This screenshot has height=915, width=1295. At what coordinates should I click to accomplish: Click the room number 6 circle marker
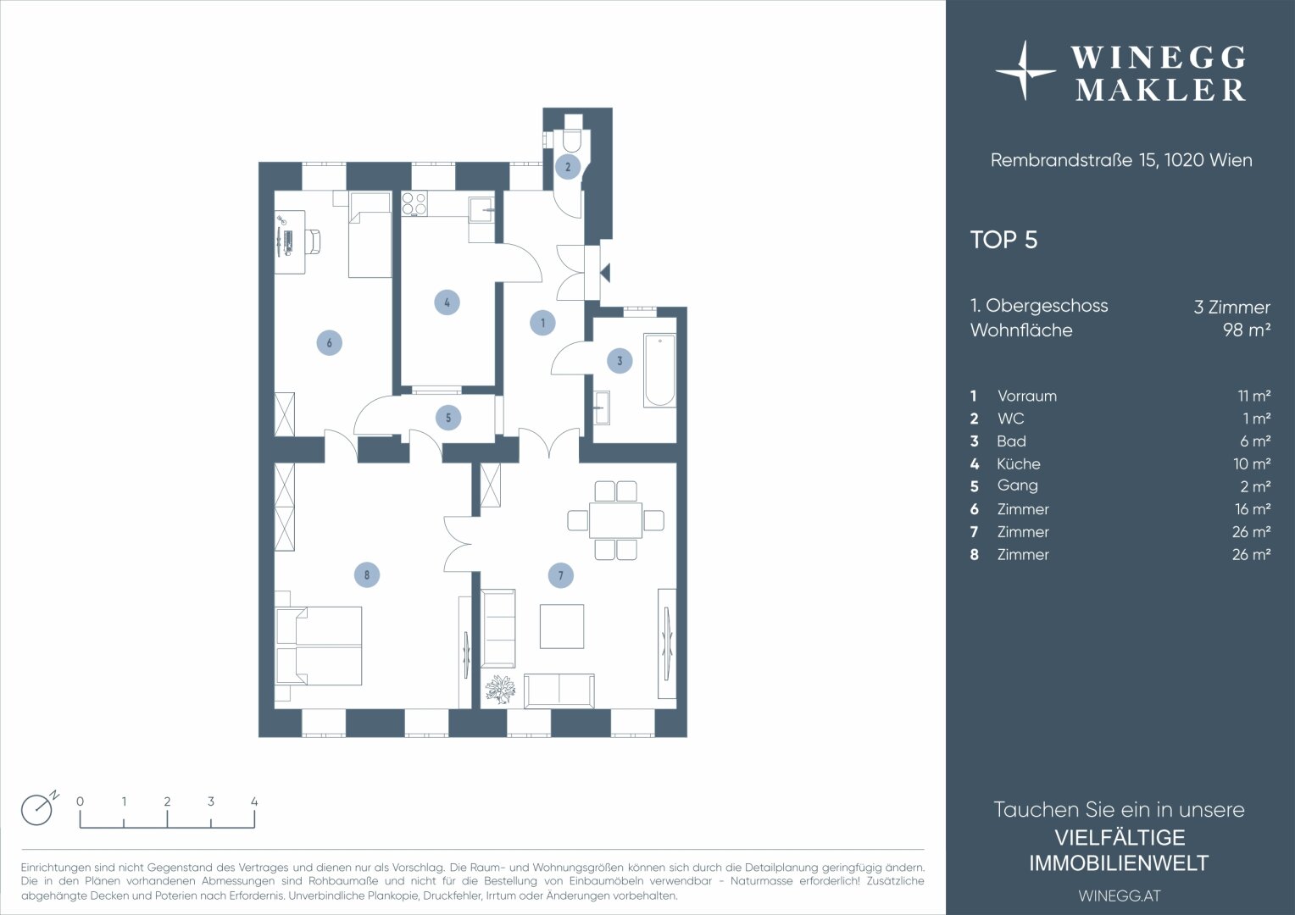[x=329, y=342]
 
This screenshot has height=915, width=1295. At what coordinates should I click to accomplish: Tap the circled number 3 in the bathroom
[x=620, y=361]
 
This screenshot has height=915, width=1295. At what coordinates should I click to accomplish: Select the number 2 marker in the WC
[x=568, y=167]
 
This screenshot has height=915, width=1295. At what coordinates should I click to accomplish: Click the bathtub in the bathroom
[x=659, y=371]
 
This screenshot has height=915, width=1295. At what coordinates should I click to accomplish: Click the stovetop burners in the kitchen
[x=414, y=203]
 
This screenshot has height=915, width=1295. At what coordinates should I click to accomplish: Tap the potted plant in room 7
[x=500, y=689]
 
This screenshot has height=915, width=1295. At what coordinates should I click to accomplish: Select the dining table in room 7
[x=616, y=520]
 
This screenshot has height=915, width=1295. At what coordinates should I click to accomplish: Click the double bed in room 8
[x=320, y=646]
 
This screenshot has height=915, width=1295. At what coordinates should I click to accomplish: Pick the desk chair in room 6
[x=313, y=241]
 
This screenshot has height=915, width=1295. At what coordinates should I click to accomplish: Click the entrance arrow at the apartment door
[x=605, y=273]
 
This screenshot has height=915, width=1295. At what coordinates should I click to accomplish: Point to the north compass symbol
[x=38, y=809]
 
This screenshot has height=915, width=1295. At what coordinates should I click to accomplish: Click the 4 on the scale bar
[x=254, y=801]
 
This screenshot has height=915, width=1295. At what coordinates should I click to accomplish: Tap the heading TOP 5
[x=1003, y=240]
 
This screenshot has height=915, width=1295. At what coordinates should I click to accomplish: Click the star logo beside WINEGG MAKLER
[x=1025, y=71]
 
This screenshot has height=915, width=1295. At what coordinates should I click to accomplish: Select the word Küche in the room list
[x=1018, y=463]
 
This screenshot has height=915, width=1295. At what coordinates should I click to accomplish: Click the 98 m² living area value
[x=1246, y=330]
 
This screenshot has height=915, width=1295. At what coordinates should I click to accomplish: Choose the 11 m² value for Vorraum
[x=1253, y=396]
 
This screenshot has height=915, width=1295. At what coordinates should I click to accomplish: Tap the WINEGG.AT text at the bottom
[x=1119, y=896]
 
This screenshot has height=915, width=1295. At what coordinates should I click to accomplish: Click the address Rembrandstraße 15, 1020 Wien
[x=1120, y=160]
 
